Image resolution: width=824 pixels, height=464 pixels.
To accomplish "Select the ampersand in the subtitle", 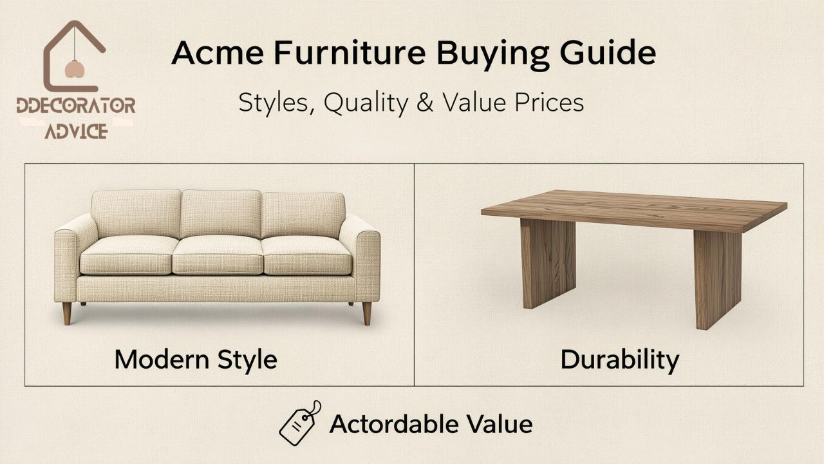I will (425, 103).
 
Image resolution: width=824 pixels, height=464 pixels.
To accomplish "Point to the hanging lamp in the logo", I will (74, 68).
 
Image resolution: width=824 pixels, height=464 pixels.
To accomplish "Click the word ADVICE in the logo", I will (76, 131).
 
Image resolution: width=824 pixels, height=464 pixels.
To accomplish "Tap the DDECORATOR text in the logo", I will (76, 106).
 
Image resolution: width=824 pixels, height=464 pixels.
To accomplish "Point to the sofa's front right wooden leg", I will (366, 313).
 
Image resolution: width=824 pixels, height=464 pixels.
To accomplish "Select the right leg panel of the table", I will (717, 277).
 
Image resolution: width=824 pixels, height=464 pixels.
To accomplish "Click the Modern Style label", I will (196, 359).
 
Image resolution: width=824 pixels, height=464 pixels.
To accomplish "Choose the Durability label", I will (619, 359).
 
